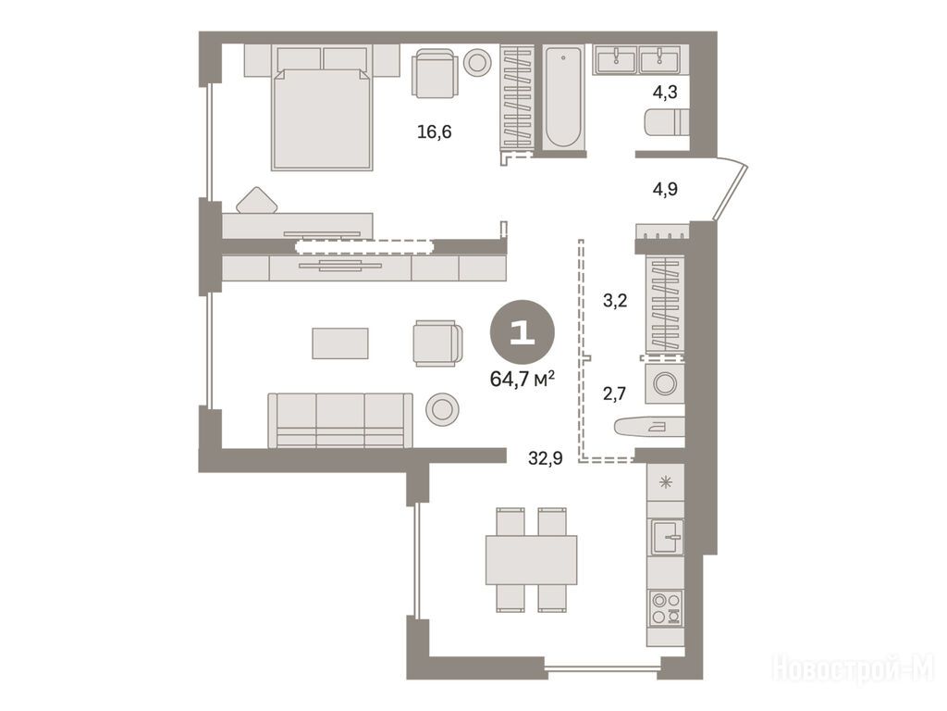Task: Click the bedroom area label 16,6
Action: (435, 131)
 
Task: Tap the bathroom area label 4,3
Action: (664, 93)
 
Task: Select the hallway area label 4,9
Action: (664, 189)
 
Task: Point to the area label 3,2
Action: (615, 300)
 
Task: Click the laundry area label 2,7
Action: (614, 394)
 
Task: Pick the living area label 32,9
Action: (546, 459)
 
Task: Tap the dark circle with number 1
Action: (523, 332)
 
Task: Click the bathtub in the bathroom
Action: (563, 97)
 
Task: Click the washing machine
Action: (664, 383)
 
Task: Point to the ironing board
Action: (648, 426)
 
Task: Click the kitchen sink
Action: (666, 537)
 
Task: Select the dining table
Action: (532, 560)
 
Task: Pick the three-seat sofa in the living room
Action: (340, 421)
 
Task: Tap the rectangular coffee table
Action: (340, 343)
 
